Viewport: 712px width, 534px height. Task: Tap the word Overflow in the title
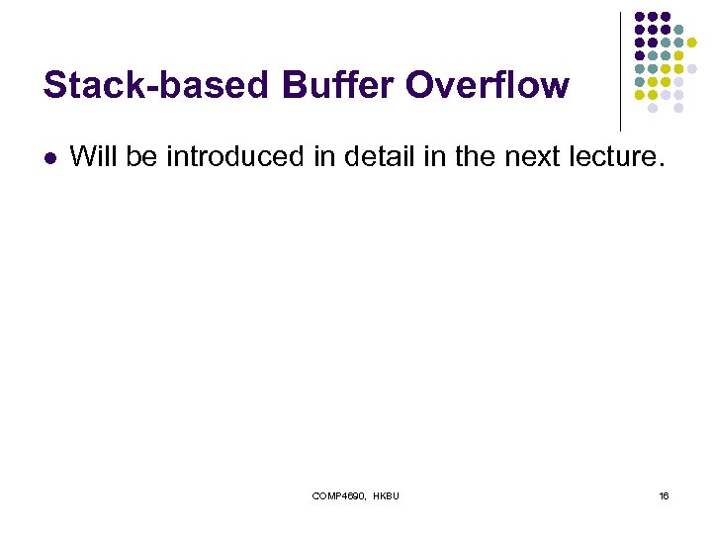[x=488, y=85]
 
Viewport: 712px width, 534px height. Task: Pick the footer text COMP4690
[x=337, y=495]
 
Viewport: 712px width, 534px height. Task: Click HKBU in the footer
[x=387, y=495]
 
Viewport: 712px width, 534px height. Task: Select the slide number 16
[x=664, y=495]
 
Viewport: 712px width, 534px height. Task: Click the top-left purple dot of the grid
[x=639, y=17]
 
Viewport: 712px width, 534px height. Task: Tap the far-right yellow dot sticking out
[x=692, y=43]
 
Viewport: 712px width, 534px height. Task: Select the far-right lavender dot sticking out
[x=692, y=68]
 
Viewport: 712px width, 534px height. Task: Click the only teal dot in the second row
[x=678, y=30]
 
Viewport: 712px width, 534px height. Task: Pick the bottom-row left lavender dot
[x=652, y=108]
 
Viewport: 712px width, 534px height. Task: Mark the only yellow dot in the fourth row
[x=678, y=55]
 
